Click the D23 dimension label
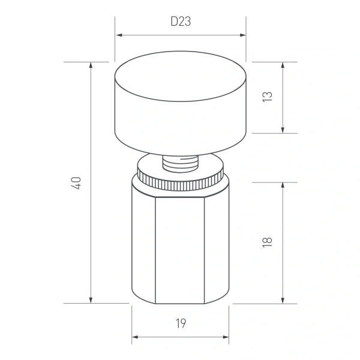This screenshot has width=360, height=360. tap(181, 22)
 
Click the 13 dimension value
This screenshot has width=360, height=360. tap(268, 97)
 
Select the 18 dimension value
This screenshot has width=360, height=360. tap(268, 242)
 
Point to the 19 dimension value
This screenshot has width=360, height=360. tap(181, 324)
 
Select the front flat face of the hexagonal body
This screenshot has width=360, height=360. tap(181, 249)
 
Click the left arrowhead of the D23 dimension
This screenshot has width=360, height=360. tap(118, 35)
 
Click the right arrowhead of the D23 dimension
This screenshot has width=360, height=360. tap(244, 35)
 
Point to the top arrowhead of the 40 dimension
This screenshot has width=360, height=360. tap(91, 65)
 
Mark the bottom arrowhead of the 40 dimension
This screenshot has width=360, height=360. tap(91, 301)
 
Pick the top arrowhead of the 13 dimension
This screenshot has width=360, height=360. tap(283, 65)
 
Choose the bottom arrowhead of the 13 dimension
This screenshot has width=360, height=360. tap(283, 130)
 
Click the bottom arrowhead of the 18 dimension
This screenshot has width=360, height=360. tap(283, 301)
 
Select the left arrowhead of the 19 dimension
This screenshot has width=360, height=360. tap(135, 337)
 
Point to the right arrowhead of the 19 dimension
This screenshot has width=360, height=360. tap(226, 337)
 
